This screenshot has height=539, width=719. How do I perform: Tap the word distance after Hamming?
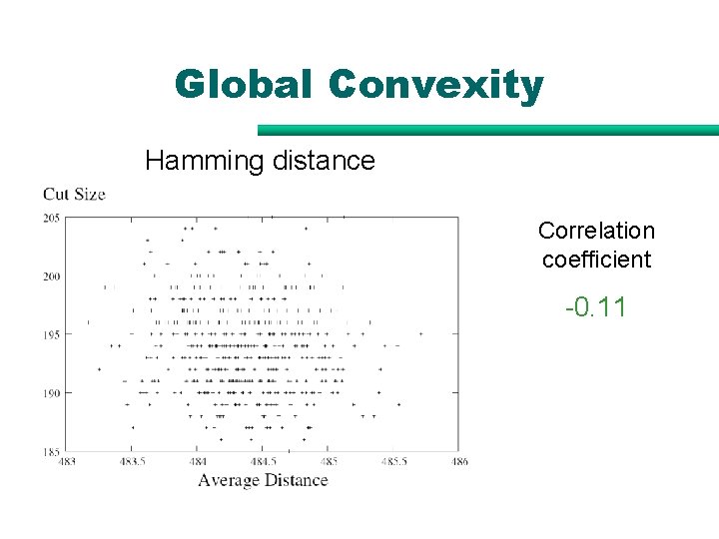click(322, 160)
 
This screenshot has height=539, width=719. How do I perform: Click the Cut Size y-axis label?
click(75, 194)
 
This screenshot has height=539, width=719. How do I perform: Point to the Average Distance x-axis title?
click(263, 480)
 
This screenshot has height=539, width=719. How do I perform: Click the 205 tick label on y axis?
click(52, 218)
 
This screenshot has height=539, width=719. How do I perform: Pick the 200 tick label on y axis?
click(52, 276)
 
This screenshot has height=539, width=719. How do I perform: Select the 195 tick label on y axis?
click(52, 334)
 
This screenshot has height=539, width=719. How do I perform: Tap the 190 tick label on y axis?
click(52, 393)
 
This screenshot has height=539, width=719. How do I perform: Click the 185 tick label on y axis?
click(52, 451)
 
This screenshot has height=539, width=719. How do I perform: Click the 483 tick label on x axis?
click(67, 462)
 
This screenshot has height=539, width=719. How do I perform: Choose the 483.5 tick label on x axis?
click(132, 462)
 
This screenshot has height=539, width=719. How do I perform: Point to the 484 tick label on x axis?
click(198, 462)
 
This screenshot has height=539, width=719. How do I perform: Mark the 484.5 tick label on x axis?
click(264, 462)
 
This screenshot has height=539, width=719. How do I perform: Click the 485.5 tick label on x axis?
click(394, 462)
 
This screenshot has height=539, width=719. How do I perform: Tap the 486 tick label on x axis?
click(459, 462)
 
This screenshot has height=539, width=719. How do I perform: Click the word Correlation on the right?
click(596, 231)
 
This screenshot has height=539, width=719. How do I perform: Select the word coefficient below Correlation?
click(596, 260)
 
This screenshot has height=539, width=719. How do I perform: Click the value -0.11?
click(596, 306)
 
